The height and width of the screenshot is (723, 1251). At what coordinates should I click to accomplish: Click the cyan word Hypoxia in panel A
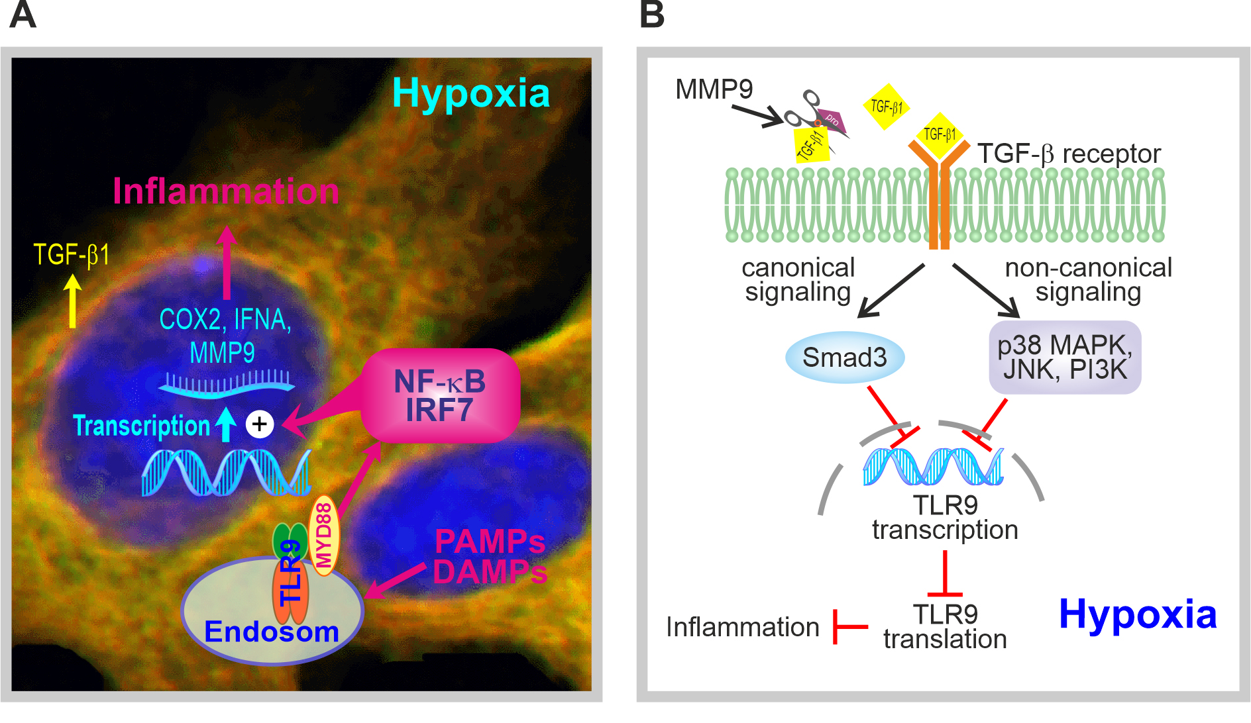(x=471, y=94)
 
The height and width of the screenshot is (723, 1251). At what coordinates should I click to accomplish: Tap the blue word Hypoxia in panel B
(x=1138, y=615)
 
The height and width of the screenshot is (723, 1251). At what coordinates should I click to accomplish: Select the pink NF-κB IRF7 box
(x=440, y=396)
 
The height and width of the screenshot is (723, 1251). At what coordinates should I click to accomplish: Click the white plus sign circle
(x=260, y=424)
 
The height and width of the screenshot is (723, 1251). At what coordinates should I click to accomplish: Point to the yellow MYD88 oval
(x=324, y=535)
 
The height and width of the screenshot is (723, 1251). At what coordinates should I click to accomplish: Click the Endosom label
(x=272, y=632)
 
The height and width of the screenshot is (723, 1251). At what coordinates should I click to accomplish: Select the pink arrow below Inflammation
(x=227, y=262)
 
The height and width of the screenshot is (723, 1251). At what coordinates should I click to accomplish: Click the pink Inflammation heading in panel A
(x=226, y=191)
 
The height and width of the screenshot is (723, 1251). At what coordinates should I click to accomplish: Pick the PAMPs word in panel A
(x=490, y=542)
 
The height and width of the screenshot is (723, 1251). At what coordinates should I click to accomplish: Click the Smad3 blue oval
(x=845, y=358)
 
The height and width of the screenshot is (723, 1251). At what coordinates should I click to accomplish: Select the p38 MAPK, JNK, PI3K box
(x=1065, y=358)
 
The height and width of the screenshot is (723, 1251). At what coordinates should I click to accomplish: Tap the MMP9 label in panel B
(x=714, y=89)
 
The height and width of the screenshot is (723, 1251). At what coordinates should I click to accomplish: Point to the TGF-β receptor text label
(x=1069, y=154)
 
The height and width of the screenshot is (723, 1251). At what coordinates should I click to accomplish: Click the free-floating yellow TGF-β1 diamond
(x=886, y=107)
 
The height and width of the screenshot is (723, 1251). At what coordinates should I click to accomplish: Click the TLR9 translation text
(x=945, y=626)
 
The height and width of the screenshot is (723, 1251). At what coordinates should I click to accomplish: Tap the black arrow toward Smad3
(x=891, y=291)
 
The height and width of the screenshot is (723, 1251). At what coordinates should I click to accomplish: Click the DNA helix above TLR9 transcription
(x=933, y=466)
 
